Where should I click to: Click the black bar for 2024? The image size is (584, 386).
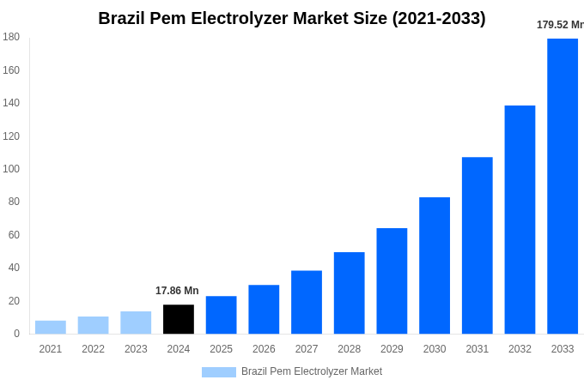[179, 319]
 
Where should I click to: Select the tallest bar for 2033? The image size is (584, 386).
[563, 186]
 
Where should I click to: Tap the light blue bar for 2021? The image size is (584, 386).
[51, 327]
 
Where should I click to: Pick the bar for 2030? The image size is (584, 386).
[435, 265]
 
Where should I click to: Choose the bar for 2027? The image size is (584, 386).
[307, 302]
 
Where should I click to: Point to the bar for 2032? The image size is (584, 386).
[520, 220]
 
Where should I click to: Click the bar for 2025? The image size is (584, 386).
[222, 315]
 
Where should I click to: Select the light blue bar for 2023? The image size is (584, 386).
[136, 323]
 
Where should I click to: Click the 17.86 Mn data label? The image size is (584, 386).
[177, 291]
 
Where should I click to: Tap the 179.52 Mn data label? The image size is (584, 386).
[560, 25]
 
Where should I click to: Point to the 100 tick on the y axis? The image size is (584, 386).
[11, 169]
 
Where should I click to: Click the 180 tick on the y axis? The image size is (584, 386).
[11, 37]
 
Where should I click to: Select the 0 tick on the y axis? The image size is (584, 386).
[16, 334]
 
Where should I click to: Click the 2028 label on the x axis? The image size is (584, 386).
[350, 349]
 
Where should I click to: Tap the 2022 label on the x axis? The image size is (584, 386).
[93, 349]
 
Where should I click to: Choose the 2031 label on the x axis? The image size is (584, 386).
[478, 349]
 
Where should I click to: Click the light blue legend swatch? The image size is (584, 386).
[219, 372]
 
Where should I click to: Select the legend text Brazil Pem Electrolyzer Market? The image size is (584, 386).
[312, 371]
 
